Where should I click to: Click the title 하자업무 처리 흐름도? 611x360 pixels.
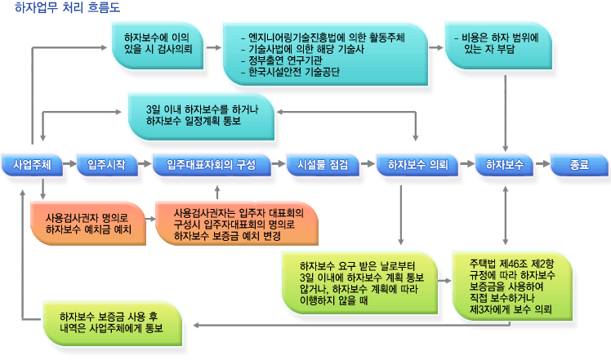click(68, 7)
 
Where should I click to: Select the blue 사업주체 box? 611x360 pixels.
click(32, 165)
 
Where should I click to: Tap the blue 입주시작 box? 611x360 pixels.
click(107, 165)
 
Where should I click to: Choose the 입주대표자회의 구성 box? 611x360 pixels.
click(212, 165)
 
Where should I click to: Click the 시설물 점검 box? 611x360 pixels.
click(323, 165)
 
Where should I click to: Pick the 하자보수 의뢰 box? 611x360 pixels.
click(417, 165)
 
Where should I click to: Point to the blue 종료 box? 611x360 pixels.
click(579, 165)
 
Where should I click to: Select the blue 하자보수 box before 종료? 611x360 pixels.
click(505, 165)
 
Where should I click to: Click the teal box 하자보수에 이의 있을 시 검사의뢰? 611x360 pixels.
click(158, 46)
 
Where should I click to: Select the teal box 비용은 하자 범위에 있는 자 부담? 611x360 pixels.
click(498, 46)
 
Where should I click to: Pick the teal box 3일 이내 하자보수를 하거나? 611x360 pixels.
click(201, 116)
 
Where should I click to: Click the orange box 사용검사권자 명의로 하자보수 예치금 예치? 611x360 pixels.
click(88, 223)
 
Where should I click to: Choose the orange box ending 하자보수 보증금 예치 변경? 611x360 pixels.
click(237, 223)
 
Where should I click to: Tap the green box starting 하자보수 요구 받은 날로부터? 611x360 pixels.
click(359, 282)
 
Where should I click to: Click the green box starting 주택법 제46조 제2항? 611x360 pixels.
click(512, 287)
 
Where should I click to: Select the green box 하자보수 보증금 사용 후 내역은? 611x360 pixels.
click(112, 323)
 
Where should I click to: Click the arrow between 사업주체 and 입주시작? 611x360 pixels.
click(69, 163)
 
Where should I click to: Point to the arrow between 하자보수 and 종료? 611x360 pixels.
click(542, 163)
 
